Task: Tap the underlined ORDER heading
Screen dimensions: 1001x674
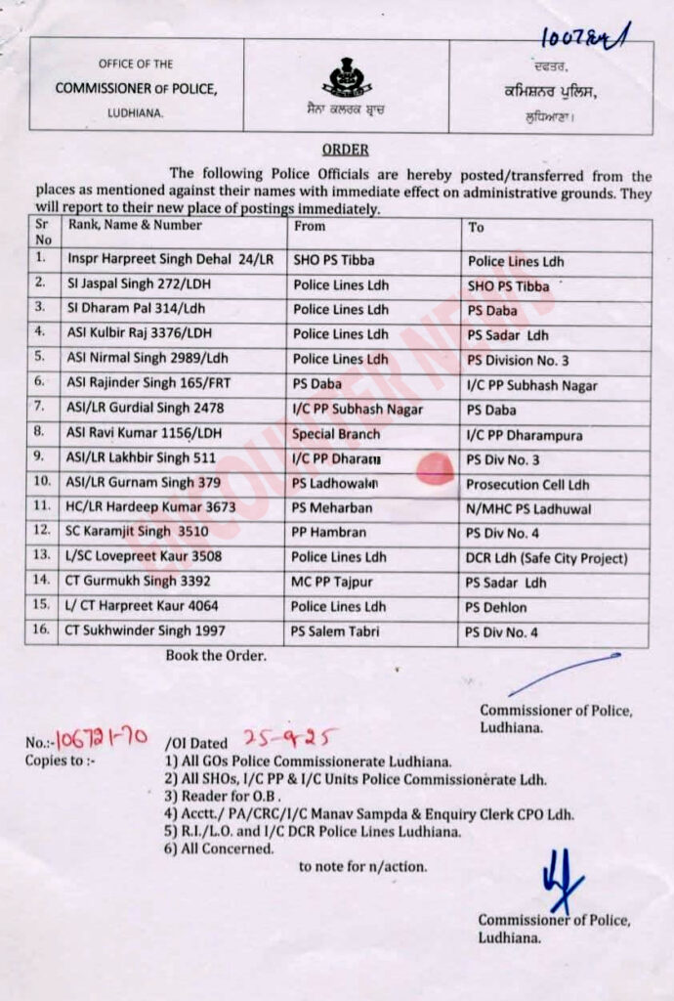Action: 346,150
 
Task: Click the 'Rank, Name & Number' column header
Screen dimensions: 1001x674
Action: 135,225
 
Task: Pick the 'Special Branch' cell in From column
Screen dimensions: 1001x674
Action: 337,434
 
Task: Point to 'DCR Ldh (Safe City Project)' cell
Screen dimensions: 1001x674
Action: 546,558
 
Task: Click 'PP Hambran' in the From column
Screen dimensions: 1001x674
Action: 329,534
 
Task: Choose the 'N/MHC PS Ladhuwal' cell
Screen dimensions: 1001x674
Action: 528,508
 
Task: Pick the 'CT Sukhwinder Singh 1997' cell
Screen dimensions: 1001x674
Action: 146,631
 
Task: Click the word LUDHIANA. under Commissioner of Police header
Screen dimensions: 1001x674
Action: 136,114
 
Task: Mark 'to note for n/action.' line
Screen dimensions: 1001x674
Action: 362,866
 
